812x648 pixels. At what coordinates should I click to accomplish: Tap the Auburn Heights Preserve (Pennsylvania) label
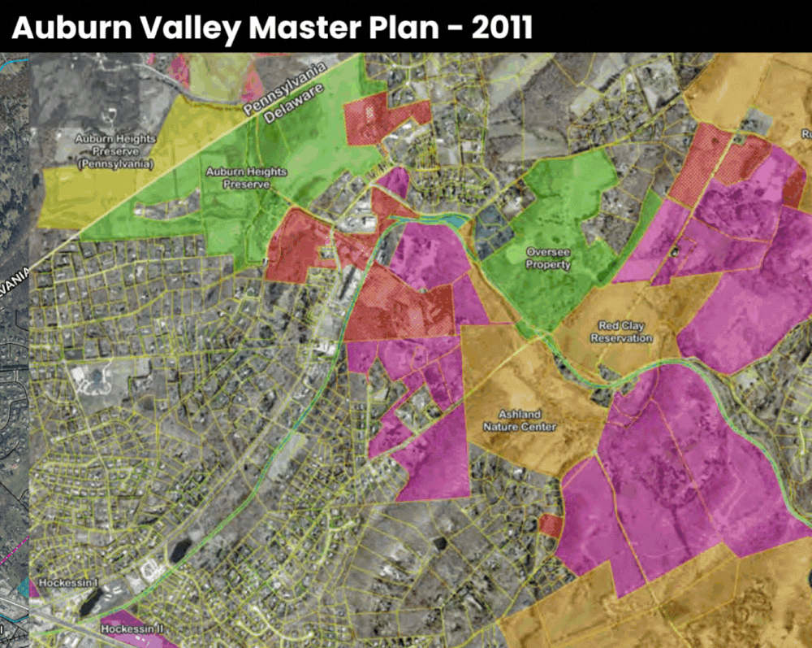click(104, 151)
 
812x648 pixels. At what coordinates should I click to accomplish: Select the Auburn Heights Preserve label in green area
click(246, 178)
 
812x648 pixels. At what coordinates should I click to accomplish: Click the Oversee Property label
click(548, 259)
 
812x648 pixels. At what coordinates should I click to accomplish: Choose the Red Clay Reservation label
click(621, 332)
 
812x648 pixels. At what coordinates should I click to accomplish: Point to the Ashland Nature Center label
click(520, 421)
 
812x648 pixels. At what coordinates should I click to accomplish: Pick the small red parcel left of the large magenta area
click(551, 525)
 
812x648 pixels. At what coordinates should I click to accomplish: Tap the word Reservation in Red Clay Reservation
click(621, 338)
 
